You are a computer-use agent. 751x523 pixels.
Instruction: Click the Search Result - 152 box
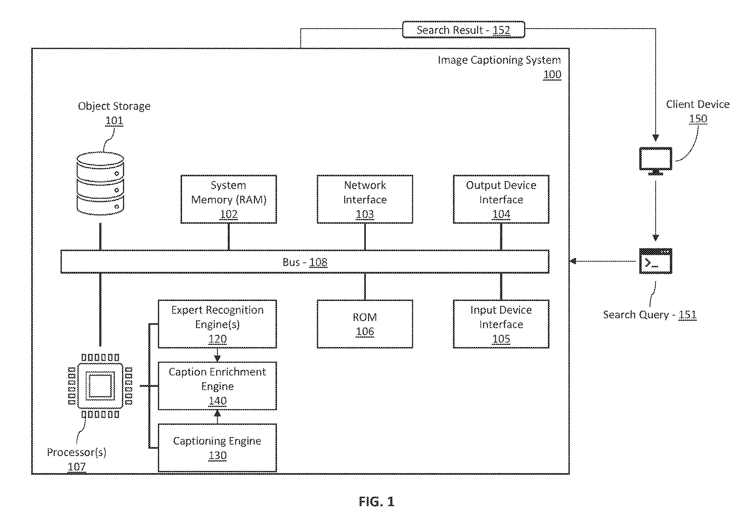click(x=464, y=30)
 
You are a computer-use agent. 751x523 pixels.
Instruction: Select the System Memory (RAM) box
click(x=229, y=199)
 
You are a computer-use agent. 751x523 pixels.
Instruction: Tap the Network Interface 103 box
click(x=365, y=199)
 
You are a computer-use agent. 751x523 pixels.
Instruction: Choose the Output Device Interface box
click(x=501, y=199)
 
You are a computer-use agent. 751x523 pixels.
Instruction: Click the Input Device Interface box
click(x=501, y=324)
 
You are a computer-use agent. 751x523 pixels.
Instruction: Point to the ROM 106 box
click(x=365, y=324)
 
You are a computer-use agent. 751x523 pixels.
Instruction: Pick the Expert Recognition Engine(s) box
click(x=217, y=324)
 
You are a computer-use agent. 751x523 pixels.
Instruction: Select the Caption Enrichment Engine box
click(x=217, y=386)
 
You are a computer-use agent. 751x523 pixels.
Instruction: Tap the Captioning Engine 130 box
click(x=217, y=448)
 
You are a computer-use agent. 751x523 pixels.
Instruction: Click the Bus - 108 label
click(x=305, y=262)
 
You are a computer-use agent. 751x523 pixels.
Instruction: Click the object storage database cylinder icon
click(x=100, y=184)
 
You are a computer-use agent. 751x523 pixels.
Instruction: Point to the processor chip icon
click(x=100, y=386)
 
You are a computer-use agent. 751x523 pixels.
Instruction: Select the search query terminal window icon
click(x=656, y=261)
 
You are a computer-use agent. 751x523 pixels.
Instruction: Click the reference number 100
click(x=552, y=75)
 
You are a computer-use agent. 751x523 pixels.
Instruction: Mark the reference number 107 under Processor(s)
click(x=76, y=466)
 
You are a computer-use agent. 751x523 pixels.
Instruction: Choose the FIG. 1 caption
click(x=376, y=501)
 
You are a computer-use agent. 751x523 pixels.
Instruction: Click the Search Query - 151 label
click(x=650, y=315)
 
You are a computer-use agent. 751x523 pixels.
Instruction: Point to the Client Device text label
click(x=698, y=104)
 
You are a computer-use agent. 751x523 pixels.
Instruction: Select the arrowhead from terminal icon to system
click(x=573, y=261)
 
